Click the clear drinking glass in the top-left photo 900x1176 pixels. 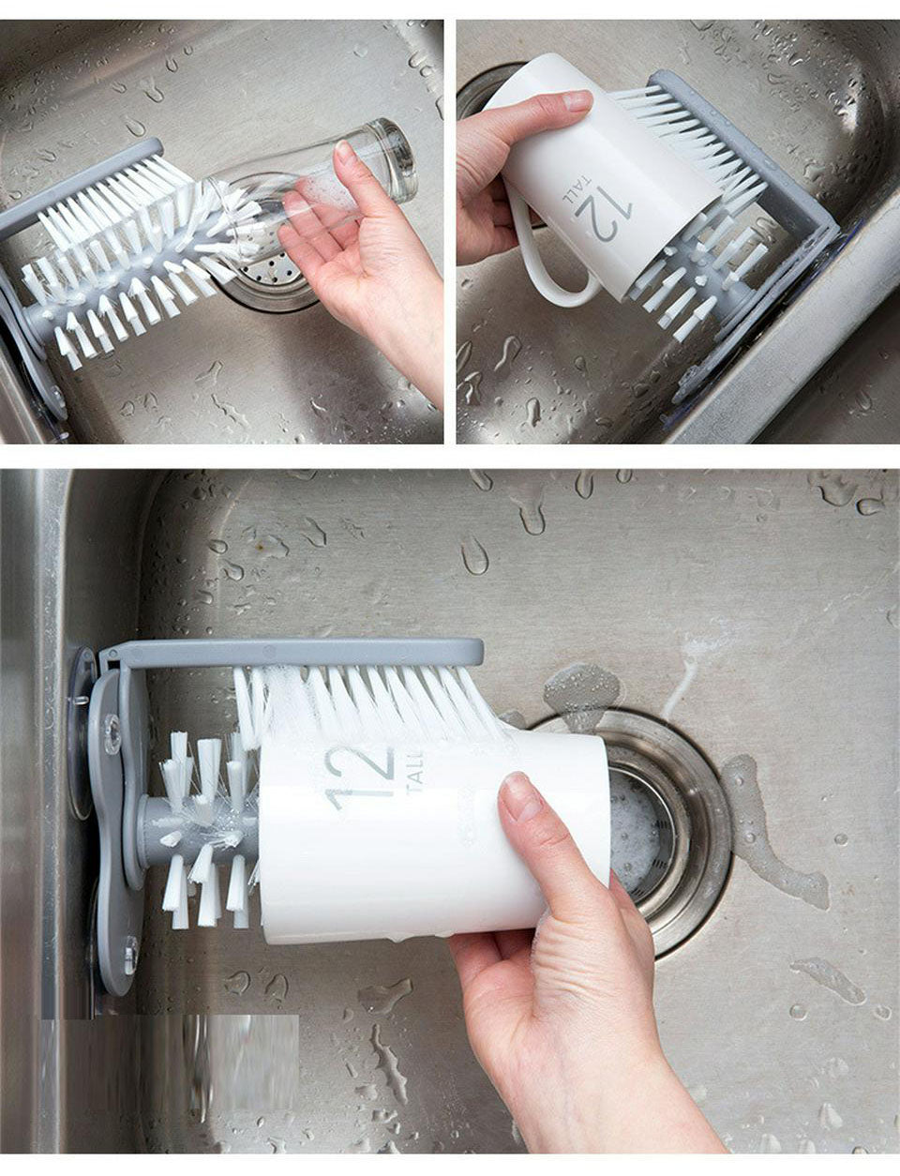pos(319,184)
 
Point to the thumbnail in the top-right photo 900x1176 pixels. pos(575,100)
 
